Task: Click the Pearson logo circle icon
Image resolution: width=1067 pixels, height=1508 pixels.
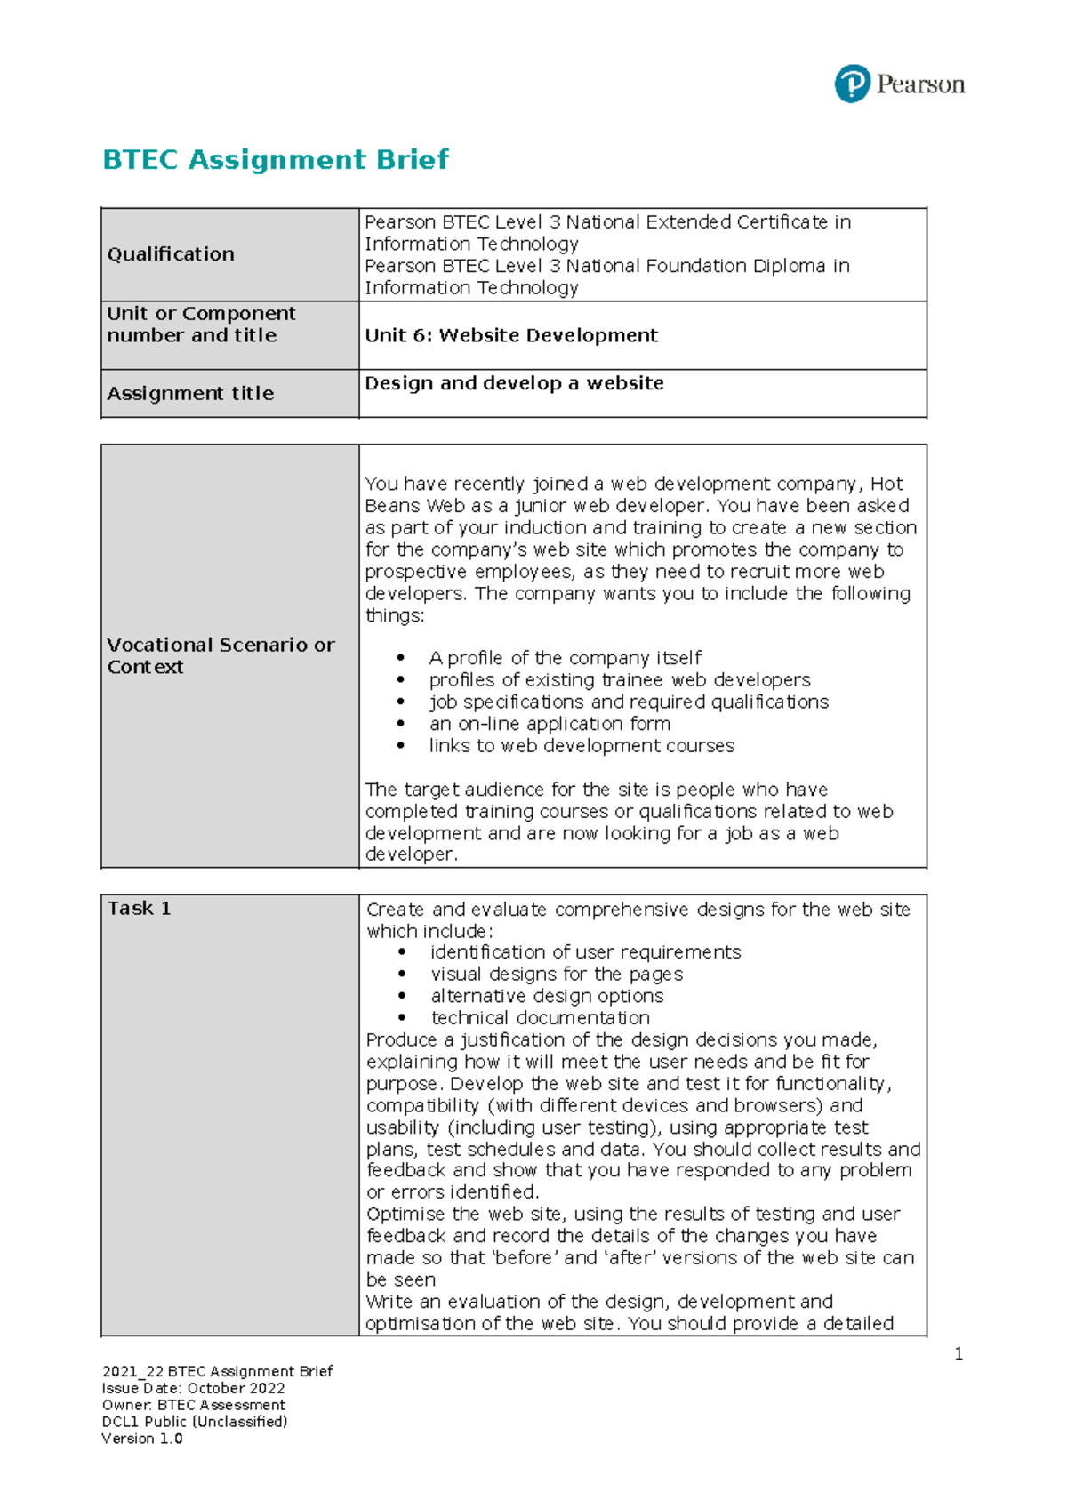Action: point(852,84)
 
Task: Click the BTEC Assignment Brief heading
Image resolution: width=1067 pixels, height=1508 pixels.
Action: point(276,160)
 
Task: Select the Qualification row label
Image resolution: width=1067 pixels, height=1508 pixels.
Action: point(171,254)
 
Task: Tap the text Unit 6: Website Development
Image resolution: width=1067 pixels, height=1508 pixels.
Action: point(511,335)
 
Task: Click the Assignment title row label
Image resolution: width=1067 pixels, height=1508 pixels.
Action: point(190,393)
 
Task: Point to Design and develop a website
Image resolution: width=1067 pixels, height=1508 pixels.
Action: point(514,383)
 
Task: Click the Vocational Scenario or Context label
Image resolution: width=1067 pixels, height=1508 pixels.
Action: point(221,655)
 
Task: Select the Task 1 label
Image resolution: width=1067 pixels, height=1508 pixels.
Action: point(139,908)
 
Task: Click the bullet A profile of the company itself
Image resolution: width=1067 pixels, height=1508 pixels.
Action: point(565,658)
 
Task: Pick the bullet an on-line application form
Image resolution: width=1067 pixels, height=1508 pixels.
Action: point(550,724)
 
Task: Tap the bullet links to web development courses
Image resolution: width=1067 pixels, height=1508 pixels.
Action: point(582,746)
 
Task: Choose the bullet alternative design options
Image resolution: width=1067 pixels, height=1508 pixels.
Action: point(547,996)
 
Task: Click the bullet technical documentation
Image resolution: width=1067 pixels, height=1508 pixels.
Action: point(540,1017)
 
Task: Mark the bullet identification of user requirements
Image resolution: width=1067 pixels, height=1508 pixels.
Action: point(585,952)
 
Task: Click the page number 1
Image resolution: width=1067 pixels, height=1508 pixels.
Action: point(959,1354)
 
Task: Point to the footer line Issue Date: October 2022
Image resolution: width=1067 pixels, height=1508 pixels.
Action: point(194,1388)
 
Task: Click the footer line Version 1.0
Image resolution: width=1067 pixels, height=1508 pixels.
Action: point(142,1439)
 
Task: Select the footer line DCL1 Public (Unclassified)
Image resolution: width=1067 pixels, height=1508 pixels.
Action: point(195,1422)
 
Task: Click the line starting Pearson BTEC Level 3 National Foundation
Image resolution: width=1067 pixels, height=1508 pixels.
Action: point(606,266)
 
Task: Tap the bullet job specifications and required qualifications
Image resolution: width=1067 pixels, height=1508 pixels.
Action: point(629,702)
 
